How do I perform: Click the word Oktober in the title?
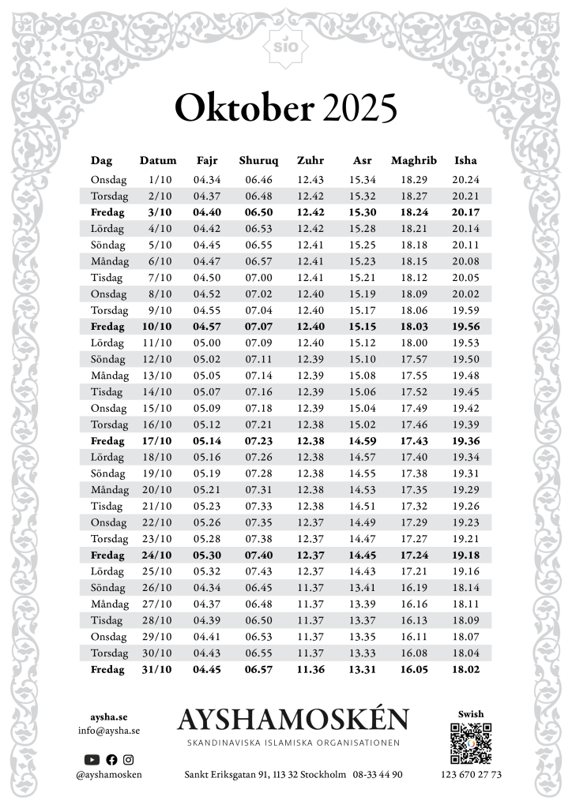click(244, 109)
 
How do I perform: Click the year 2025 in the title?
click(359, 109)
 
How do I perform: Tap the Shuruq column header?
click(258, 160)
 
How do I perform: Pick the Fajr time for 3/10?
click(207, 212)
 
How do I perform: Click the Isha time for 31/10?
click(465, 669)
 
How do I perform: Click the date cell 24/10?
click(159, 555)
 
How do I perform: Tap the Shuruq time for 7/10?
click(258, 277)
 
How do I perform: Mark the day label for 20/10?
click(109, 489)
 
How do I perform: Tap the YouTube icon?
click(92, 759)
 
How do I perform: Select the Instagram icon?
click(128, 759)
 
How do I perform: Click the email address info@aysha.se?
click(109, 731)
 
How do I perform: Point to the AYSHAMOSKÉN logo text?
click(293, 720)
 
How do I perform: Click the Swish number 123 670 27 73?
click(471, 775)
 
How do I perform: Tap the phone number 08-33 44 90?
click(378, 775)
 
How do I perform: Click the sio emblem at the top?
click(286, 45)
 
